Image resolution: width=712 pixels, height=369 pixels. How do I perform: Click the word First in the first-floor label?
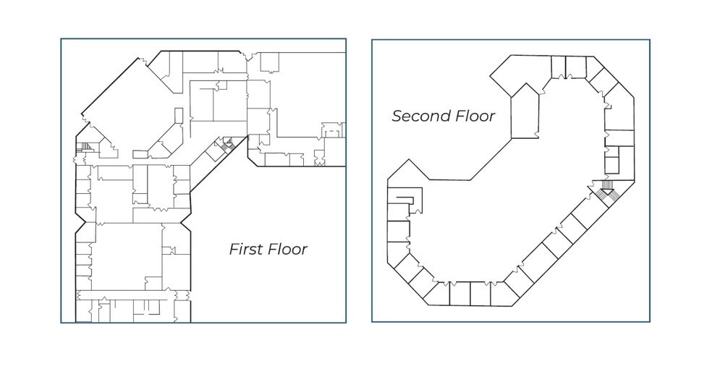(x=247, y=249)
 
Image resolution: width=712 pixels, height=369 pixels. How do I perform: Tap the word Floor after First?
(x=288, y=249)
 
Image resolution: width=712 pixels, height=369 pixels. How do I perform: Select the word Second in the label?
(x=420, y=116)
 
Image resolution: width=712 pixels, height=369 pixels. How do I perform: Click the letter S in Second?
(x=397, y=116)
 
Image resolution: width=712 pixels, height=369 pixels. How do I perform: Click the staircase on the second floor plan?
(x=606, y=190)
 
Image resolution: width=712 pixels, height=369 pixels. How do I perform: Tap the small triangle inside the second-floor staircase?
(x=607, y=192)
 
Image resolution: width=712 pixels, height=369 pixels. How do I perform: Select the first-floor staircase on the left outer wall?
(x=85, y=147)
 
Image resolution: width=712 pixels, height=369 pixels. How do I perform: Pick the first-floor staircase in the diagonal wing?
(x=227, y=144)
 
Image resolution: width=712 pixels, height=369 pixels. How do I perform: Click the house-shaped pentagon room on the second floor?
(x=525, y=113)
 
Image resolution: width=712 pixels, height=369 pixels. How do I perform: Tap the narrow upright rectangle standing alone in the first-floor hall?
(x=179, y=114)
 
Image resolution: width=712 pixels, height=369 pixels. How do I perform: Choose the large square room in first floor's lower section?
(x=129, y=256)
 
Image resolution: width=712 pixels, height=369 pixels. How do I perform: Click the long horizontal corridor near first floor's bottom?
(x=132, y=295)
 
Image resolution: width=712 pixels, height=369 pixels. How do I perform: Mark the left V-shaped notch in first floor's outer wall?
(x=81, y=222)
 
